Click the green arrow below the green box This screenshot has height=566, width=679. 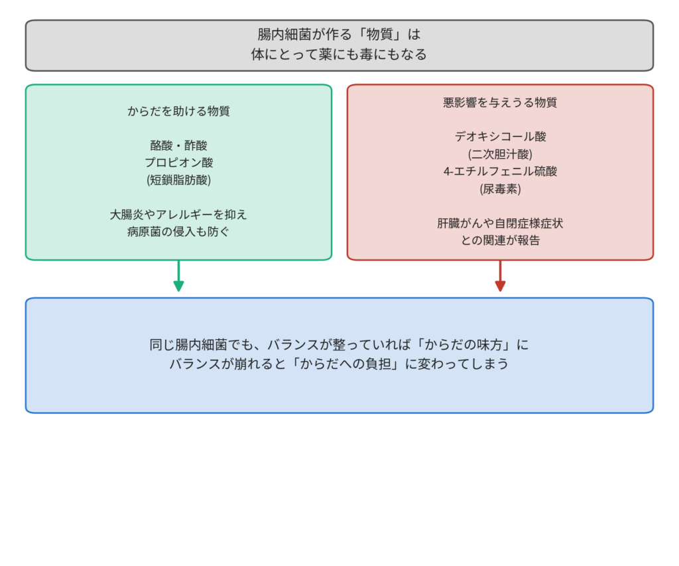click(x=178, y=275)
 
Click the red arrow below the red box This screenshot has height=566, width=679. click(x=500, y=275)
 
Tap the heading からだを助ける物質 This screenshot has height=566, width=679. click(x=178, y=111)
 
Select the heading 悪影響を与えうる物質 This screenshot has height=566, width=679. click(x=500, y=103)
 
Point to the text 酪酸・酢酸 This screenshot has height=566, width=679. click(x=178, y=145)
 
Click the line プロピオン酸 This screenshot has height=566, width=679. click(x=178, y=163)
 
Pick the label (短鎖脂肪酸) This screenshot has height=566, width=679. click(x=178, y=180)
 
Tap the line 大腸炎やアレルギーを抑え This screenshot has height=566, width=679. click(x=178, y=215)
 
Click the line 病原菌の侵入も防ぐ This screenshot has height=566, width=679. click(x=178, y=232)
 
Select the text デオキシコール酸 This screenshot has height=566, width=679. click(x=500, y=137)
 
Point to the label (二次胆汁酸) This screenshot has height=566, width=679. click(x=500, y=155)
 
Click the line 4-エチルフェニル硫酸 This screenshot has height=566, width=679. click(x=500, y=172)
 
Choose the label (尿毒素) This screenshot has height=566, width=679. click(x=500, y=189)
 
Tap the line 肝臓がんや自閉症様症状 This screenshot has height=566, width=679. click(x=500, y=224)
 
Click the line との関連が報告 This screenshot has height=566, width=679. click(x=500, y=240)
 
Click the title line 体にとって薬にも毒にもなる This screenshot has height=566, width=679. click(x=339, y=54)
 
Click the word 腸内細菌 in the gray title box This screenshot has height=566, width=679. click(x=283, y=35)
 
